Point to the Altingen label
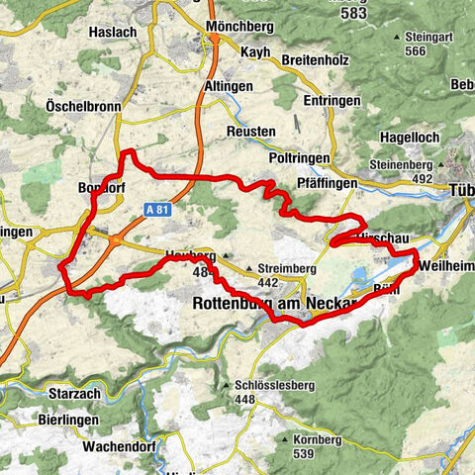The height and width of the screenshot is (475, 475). pyautogui.click(x=230, y=86)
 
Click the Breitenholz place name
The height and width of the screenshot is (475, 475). pyautogui.click(x=314, y=60)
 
